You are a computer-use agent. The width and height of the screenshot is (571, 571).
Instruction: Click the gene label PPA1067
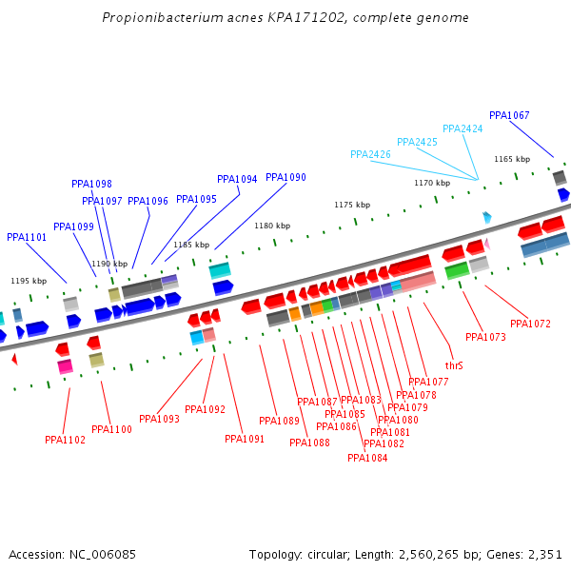pos(509,116)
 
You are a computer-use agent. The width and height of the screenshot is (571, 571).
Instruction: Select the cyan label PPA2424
pos(463,129)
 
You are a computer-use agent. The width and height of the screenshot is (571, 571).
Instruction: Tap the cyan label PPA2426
pos(370,154)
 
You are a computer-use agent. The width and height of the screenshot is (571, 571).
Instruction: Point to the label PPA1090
pos(285,178)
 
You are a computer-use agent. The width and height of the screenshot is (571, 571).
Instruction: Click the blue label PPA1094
pos(237,179)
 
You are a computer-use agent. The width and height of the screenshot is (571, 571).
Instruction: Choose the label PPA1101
pos(27,238)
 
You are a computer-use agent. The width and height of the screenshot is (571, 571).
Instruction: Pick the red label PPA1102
pos(65,440)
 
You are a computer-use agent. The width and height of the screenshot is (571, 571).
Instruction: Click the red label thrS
pos(454,365)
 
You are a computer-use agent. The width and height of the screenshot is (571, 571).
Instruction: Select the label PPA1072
pos(530,325)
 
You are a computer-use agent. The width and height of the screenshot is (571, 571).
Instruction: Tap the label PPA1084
pos(367,458)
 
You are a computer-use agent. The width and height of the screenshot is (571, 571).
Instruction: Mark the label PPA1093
pos(159,419)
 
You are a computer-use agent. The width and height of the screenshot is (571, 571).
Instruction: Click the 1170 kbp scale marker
pos(431,183)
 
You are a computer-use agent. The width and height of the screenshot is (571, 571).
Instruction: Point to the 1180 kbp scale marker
pos(271,226)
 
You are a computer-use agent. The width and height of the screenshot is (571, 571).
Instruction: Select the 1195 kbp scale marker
pos(29,281)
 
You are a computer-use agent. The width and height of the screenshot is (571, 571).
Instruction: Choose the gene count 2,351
pos(545,554)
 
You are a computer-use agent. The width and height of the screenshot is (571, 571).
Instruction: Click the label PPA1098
pos(91,185)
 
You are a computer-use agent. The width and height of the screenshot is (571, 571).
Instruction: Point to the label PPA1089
pos(279,421)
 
